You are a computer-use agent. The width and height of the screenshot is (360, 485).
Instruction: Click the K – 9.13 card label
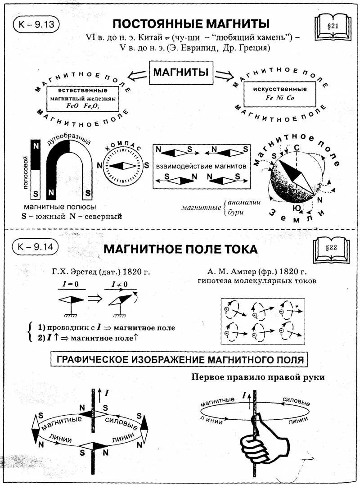coord(36,25)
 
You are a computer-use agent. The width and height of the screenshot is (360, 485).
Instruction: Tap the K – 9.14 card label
coord(36,247)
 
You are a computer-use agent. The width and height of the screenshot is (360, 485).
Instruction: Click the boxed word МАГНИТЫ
coord(180,73)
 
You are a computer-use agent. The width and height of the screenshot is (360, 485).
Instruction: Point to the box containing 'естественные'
coord(82,98)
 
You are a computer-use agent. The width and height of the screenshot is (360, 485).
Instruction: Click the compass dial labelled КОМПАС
coord(123,166)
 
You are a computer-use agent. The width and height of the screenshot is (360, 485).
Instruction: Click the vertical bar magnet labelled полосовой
coord(36,169)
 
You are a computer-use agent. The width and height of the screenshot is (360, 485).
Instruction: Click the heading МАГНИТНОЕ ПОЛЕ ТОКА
coord(180,249)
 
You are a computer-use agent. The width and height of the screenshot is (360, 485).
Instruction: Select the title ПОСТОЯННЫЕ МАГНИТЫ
coord(191,23)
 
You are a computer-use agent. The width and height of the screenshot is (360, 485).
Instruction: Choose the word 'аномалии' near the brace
coord(244,202)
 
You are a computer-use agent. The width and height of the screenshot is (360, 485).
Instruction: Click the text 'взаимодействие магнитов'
coord(201,166)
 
